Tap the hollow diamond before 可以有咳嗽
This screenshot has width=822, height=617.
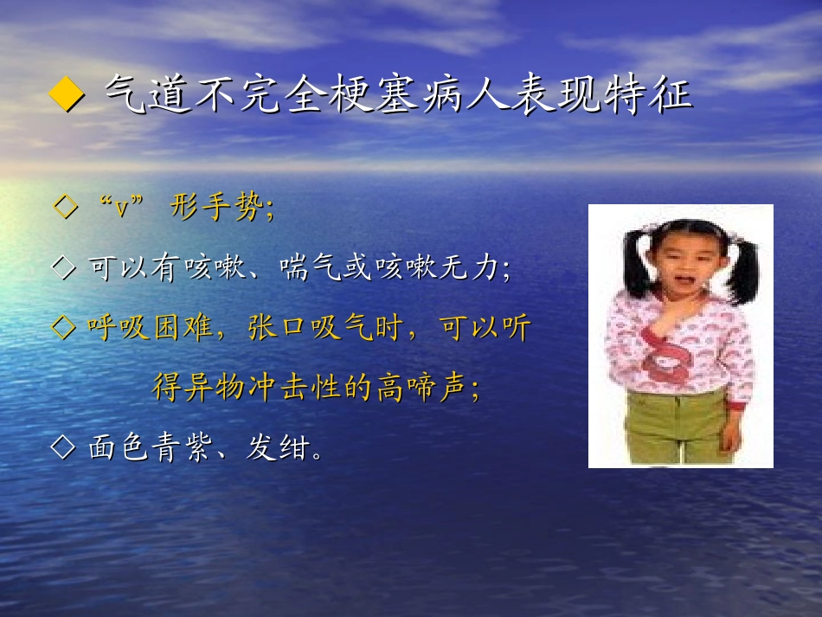[65, 269]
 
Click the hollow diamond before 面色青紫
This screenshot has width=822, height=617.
[65, 447]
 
